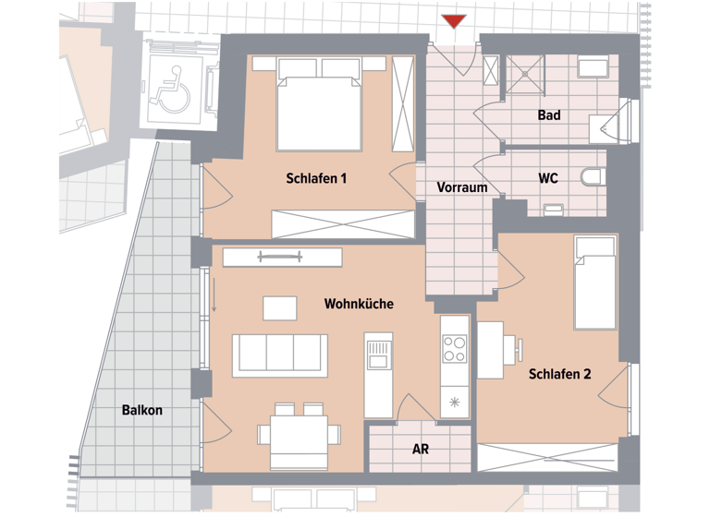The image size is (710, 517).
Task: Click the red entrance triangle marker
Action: (453, 22)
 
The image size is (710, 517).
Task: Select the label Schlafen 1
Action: (316, 178)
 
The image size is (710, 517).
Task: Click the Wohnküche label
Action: (359, 303)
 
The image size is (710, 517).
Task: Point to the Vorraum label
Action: (461, 187)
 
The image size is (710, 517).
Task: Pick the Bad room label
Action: (549, 116)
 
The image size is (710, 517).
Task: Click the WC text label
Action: (548, 178)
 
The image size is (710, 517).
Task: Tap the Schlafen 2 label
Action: (559, 374)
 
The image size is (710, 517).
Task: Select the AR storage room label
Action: (421, 450)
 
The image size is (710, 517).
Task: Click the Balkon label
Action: (141, 410)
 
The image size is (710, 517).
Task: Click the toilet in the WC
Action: (591, 175)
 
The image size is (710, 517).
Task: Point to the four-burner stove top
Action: (454, 349)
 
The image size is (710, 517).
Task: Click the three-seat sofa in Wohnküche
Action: (279, 355)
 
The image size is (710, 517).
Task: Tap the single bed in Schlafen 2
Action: (595, 283)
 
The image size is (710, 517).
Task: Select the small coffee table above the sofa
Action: (280, 307)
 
